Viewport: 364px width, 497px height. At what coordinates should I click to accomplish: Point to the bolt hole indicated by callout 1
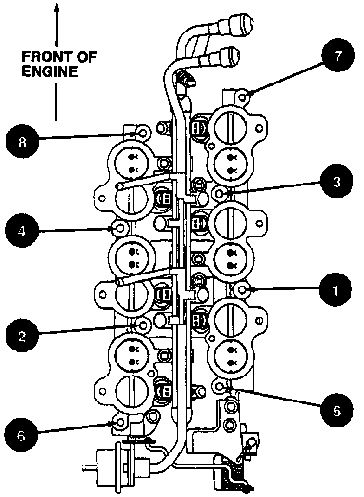point(242,289)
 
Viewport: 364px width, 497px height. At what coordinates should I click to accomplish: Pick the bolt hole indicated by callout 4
point(121,228)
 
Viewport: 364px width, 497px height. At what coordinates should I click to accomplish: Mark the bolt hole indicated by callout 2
point(143,325)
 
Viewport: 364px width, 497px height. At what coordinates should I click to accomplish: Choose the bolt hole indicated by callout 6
point(121,423)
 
